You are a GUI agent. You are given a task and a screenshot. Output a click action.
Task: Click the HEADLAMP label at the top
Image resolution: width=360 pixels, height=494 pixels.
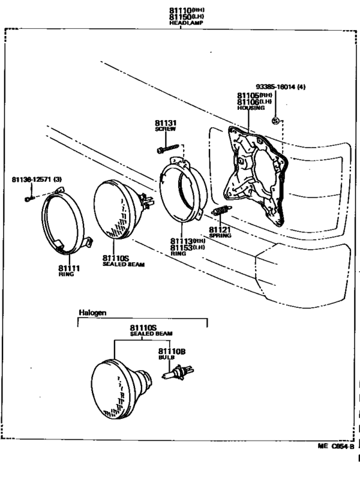pos(185,22)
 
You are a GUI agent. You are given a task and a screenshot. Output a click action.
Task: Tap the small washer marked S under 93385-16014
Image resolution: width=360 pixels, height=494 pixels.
pos(275,121)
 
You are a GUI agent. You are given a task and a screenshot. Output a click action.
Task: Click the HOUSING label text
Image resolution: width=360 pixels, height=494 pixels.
pos(251,109)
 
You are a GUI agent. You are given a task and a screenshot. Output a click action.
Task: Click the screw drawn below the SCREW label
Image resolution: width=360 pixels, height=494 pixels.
pos(166,150)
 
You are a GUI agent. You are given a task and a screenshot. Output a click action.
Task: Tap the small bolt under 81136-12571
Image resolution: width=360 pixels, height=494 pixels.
pos(28,199)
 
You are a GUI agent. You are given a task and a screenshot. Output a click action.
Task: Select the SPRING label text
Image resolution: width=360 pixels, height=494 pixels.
pos(220,235)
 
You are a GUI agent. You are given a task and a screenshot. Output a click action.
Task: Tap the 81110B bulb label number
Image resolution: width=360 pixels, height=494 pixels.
pos(172,351)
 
